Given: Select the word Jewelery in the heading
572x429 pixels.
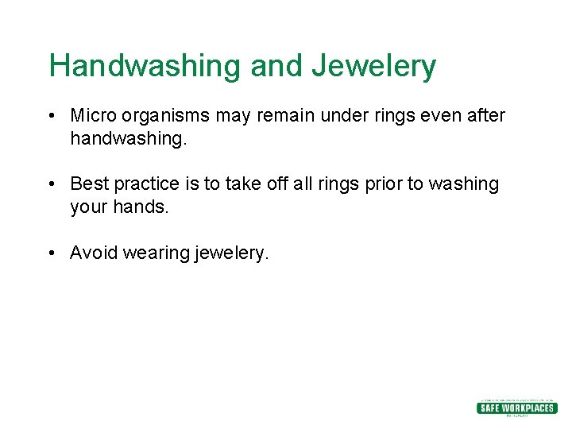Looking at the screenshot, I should click(373, 66).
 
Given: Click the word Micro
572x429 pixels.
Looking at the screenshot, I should click(93, 115).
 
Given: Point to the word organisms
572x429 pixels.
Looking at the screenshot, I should click(166, 116).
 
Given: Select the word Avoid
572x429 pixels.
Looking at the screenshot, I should click(91, 253).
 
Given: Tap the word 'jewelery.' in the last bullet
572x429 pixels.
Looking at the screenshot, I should click(232, 253).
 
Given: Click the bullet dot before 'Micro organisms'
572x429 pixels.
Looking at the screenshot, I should click(50, 116).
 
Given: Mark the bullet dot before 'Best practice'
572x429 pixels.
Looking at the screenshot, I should click(50, 184).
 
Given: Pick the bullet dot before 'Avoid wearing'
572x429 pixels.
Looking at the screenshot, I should click(50, 253).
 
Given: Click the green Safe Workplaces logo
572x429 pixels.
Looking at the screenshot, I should click(516, 408).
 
